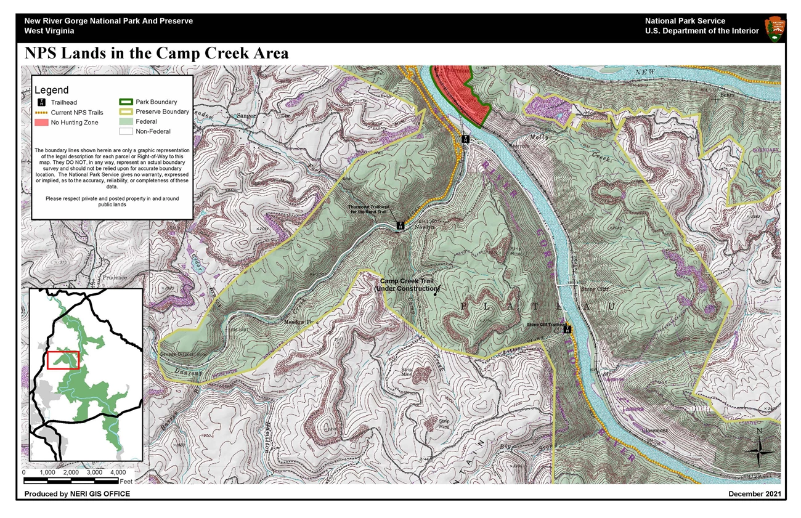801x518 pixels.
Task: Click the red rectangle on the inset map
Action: tap(63, 360)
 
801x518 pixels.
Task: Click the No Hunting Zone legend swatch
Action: tap(41, 123)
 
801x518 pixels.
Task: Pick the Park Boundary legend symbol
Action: tap(126, 102)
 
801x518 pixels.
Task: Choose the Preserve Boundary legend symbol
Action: tap(126, 112)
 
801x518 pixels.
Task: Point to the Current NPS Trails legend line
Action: tap(41, 113)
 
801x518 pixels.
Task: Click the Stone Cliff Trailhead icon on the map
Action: tap(567, 330)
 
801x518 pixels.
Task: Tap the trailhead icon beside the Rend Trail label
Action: tap(400, 225)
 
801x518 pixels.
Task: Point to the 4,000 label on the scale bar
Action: tap(118, 472)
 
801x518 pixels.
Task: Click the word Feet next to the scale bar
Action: tap(126, 480)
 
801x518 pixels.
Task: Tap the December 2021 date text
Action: tap(754, 494)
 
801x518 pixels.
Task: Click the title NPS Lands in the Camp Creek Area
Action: tap(157, 54)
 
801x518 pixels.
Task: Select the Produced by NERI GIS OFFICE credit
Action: tap(77, 494)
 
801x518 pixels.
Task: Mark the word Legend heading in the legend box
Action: tap(52, 90)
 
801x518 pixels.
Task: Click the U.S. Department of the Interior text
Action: tap(702, 31)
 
